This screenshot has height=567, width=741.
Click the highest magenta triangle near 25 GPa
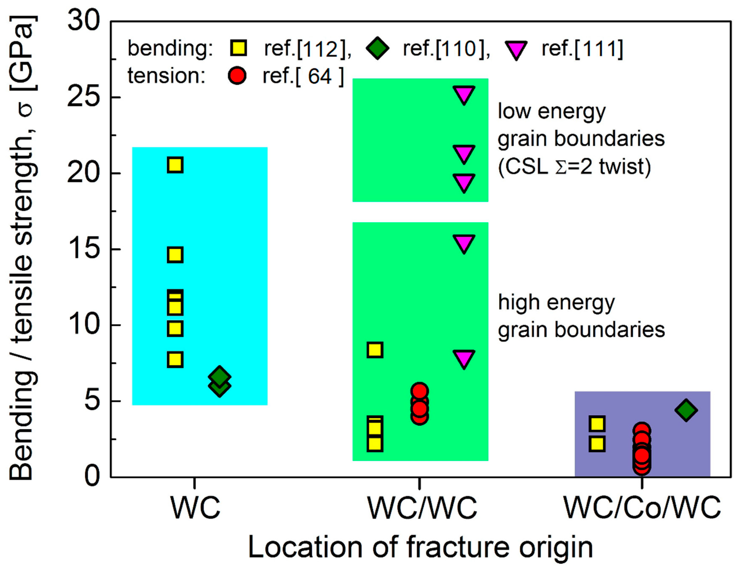point(464,94)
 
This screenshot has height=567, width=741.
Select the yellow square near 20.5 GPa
point(175,165)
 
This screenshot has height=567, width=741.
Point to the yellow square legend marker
point(238,48)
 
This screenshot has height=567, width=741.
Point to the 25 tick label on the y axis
point(84,98)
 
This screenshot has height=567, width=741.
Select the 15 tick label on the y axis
point(84,249)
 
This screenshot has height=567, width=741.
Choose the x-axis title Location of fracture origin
point(420,547)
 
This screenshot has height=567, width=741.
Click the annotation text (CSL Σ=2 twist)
point(574,167)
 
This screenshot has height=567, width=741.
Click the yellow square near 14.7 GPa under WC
point(175,255)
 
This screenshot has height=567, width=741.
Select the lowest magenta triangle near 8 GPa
point(464,358)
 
